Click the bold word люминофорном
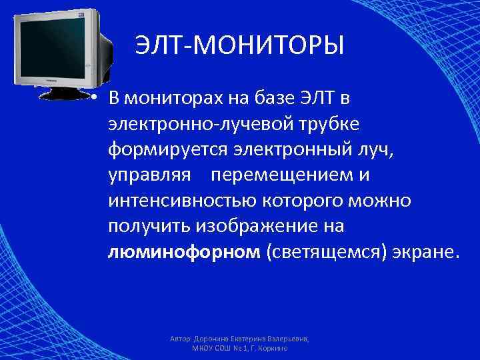coord(183,253)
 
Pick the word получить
coord(149,227)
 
